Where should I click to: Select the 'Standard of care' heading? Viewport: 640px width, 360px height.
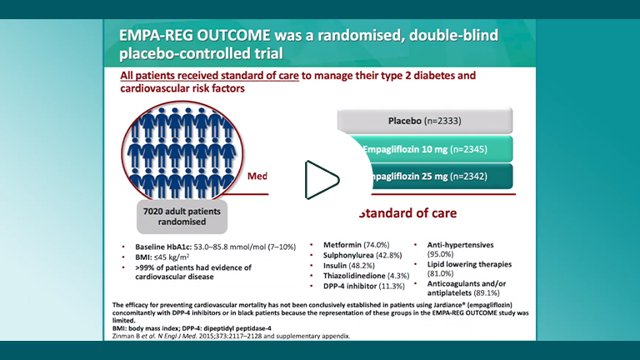[407, 212]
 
